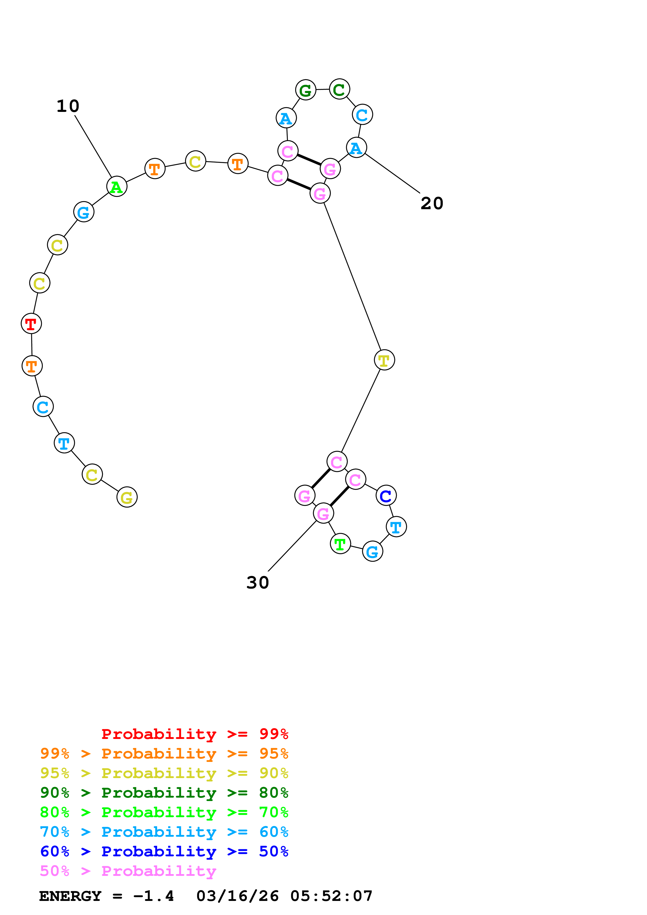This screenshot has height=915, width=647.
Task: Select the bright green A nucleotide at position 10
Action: click(x=116, y=186)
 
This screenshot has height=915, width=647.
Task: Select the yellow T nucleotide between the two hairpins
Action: click(x=384, y=360)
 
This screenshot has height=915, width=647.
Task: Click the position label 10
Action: click(x=68, y=106)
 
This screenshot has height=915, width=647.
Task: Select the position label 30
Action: click(x=258, y=583)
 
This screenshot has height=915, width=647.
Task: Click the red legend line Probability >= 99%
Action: click(x=194, y=734)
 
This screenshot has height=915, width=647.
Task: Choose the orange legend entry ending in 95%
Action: click(x=164, y=754)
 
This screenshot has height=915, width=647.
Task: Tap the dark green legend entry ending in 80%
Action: click(x=164, y=793)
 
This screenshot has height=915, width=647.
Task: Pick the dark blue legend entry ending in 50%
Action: click(x=164, y=851)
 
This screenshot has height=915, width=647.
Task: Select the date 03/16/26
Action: click(x=237, y=896)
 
